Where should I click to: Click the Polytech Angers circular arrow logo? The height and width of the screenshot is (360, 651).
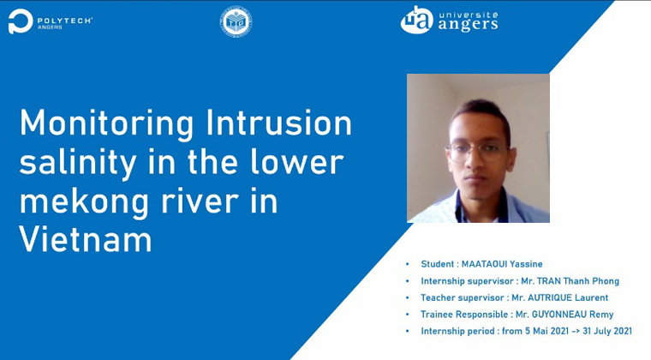[x=21, y=21]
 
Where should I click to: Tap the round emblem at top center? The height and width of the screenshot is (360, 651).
[x=236, y=21]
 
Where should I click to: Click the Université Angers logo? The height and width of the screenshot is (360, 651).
[x=449, y=20]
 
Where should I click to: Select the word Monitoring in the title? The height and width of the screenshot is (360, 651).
[x=107, y=124]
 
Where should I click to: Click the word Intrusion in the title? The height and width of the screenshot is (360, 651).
[x=279, y=123]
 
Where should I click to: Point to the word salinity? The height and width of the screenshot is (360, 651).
[x=78, y=163]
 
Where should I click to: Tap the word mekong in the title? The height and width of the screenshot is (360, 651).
[x=84, y=201]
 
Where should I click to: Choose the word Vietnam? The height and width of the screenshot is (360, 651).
[x=86, y=239]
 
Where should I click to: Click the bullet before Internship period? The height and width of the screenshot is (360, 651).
[x=408, y=332]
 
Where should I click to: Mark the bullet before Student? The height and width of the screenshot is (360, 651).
[x=408, y=264]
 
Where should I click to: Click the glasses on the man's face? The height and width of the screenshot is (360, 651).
[x=477, y=152]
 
